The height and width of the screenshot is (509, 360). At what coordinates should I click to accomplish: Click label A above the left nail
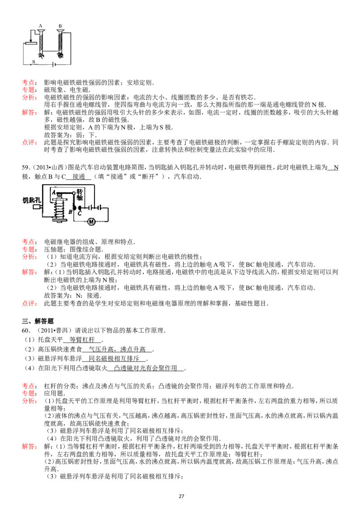point(40,26)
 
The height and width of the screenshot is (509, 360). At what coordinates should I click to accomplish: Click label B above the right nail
point(60,26)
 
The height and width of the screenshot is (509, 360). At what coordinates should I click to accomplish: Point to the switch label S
point(33,61)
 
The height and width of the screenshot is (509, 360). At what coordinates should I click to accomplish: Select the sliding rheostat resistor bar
point(30,42)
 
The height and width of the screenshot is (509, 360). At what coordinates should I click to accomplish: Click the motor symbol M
point(91,222)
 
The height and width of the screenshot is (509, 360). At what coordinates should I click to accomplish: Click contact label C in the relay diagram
point(80,214)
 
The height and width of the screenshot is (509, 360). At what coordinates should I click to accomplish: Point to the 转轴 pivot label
point(80,194)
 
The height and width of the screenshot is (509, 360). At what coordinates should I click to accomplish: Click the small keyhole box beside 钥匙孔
point(37,206)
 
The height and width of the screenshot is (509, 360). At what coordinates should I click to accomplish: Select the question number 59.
point(26,168)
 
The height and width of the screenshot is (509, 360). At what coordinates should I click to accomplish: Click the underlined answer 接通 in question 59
point(79,177)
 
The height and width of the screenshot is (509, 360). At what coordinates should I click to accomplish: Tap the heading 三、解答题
point(38,321)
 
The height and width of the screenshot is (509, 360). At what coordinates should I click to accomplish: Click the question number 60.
point(26,330)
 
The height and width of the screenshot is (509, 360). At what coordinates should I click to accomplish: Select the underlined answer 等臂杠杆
point(82,339)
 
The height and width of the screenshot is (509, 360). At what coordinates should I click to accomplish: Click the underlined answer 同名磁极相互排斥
point(114,358)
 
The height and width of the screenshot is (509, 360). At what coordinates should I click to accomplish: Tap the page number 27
point(181,496)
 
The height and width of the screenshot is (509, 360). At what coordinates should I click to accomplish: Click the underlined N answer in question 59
point(336,168)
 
